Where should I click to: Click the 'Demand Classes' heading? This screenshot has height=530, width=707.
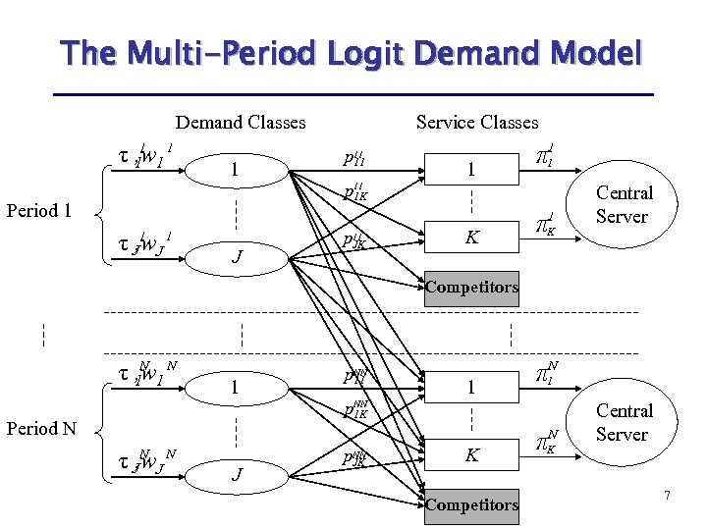point(241,123)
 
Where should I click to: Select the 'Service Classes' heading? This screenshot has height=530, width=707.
point(477,123)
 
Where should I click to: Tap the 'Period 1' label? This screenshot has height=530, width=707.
point(39,210)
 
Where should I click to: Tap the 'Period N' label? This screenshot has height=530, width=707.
point(41,429)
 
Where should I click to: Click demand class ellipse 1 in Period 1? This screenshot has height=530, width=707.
point(234,170)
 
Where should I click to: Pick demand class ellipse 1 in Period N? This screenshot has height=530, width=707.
point(234,388)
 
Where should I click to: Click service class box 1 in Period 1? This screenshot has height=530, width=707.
point(471,170)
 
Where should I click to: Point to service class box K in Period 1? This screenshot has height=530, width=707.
point(471,237)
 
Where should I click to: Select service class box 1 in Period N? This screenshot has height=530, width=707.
point(471,388)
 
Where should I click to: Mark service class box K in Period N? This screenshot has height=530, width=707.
point(471,454)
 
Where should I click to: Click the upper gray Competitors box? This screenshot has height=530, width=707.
point(471,288)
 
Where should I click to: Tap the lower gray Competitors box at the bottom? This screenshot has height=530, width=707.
point(471,504)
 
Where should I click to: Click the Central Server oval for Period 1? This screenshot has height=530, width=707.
point(623,205)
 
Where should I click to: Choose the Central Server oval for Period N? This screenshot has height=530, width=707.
point(623,423)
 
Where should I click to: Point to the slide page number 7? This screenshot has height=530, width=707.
point(667,496)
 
